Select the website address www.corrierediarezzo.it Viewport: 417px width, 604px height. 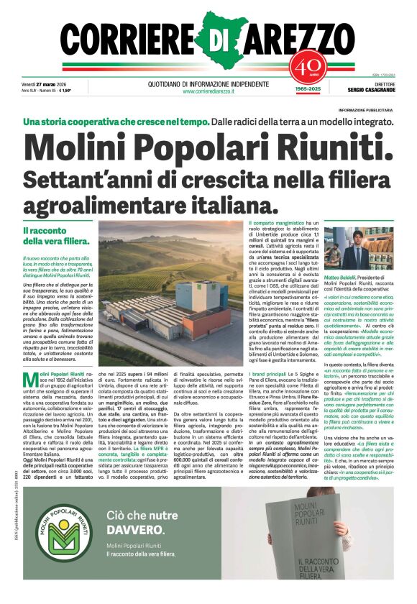pos(208,91)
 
